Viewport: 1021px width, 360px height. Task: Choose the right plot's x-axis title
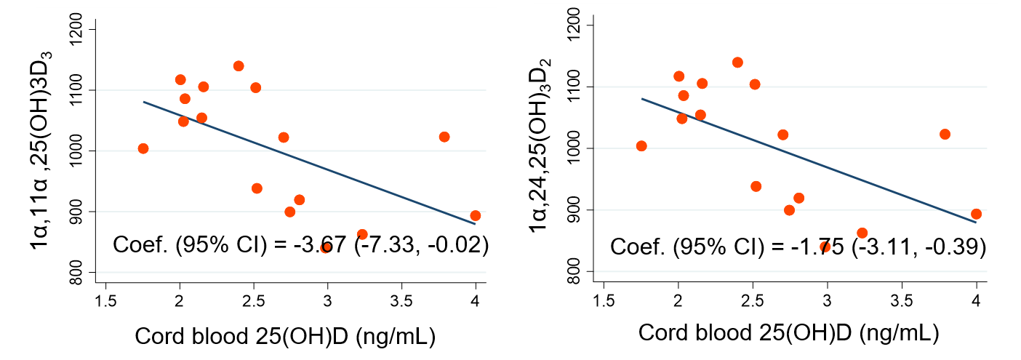coord(788,333)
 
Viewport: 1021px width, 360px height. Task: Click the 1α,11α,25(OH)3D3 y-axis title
coord(41,151)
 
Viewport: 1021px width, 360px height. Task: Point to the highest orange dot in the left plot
coord(239,66)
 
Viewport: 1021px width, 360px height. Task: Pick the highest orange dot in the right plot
coord(737,63)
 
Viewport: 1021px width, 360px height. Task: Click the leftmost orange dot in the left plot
coord(143,148)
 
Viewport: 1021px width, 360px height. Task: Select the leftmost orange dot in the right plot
coord(641,145)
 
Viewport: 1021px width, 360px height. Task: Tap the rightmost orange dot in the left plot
coord(476,215)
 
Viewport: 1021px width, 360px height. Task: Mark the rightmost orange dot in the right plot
coord(977,214)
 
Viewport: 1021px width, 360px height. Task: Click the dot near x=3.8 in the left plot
coord(444,137)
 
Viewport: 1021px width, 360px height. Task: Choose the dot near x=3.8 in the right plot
coord(945,134)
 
